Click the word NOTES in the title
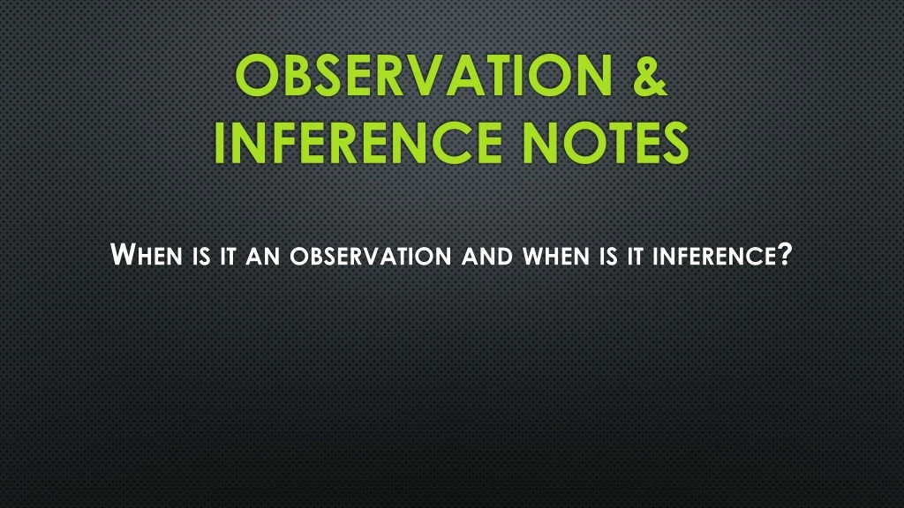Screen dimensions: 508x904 pos(604,143)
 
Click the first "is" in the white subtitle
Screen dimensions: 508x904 pos(199,258)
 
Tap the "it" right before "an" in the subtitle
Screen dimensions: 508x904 pos(229,258)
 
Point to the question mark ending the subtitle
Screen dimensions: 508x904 pos(782,256)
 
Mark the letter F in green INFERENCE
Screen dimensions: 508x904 pos(287,143)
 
